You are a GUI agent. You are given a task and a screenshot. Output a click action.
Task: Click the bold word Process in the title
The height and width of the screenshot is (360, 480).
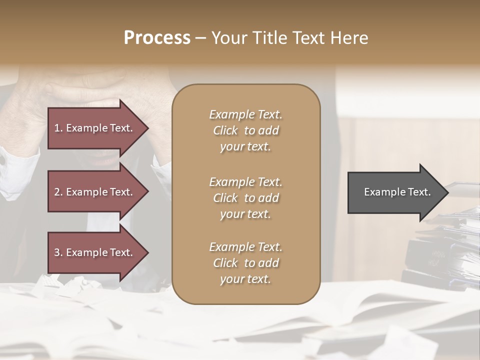click(156, 37)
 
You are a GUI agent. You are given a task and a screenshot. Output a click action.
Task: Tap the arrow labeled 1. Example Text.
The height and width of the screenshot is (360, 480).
click(95, 128)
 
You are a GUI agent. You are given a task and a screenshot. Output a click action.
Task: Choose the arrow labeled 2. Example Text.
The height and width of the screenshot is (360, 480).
click(95, 192)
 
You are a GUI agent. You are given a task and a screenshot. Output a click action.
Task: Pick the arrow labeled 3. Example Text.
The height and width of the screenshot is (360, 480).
click(95, 252)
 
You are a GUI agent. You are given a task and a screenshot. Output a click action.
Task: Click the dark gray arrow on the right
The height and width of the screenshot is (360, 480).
click(395, 192)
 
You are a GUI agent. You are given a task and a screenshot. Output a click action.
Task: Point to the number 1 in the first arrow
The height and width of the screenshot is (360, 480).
click(57, 128)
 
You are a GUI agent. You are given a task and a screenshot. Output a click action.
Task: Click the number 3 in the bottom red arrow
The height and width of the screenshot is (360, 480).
click(57, 252)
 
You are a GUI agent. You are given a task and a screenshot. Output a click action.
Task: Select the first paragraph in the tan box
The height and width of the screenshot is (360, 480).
click(245, 130)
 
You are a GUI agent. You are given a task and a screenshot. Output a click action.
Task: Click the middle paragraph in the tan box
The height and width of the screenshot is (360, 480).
click(245, 197)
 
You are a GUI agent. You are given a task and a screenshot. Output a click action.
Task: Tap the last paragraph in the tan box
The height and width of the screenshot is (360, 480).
click(245, 263)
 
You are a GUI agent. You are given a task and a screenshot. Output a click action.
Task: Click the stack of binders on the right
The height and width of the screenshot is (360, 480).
click(440, 250)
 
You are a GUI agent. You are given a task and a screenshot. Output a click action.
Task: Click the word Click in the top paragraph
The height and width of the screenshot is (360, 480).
click(225, 130)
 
